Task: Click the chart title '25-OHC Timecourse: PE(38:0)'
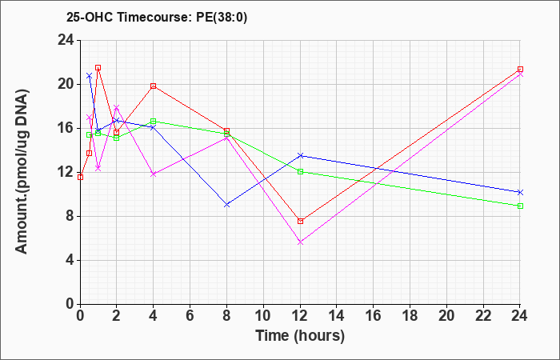click(x=157, y=18)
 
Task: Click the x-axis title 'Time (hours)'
click(x=300, y=336)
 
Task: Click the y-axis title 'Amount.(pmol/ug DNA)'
click(x=22, y=171)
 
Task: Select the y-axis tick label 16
click(x=66, y=129)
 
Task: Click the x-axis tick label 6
click(x=190, y=316)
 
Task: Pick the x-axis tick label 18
click(x=410, y=316)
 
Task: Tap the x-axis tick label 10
click(x=263, y=316)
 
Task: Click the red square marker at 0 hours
click(x=80, y=177)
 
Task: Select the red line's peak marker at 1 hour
click(x=98, y=67)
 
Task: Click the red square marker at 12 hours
click(x=300, y=221)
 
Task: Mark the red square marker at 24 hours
click(x=520, y=70)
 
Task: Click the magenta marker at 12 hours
click(x=300, y=242)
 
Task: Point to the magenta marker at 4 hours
click(x=154, y=174)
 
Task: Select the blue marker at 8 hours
click(x=226, y=205)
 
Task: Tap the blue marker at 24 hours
click(x=520, y=192)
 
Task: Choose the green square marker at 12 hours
click(x=300, y=172)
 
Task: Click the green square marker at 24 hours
click(x=520, y=206)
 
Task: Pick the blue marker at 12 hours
click(x=300, y=155)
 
